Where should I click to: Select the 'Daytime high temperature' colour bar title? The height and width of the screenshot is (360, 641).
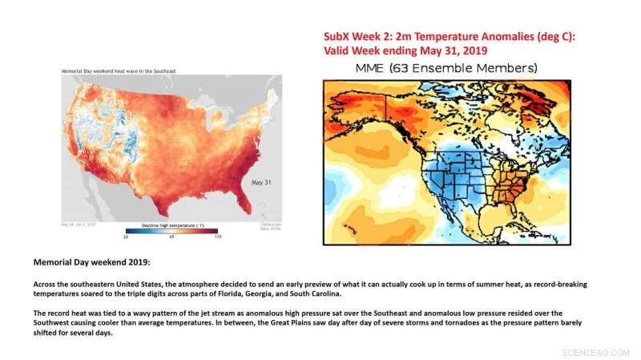pyautogui.click(x=171, y=226)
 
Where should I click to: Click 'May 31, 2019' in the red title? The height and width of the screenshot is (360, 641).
pyautogui.click(x=462, y=50)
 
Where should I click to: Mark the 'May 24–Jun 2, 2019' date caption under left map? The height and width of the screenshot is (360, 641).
pyautogui.click(x=79, y=224)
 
